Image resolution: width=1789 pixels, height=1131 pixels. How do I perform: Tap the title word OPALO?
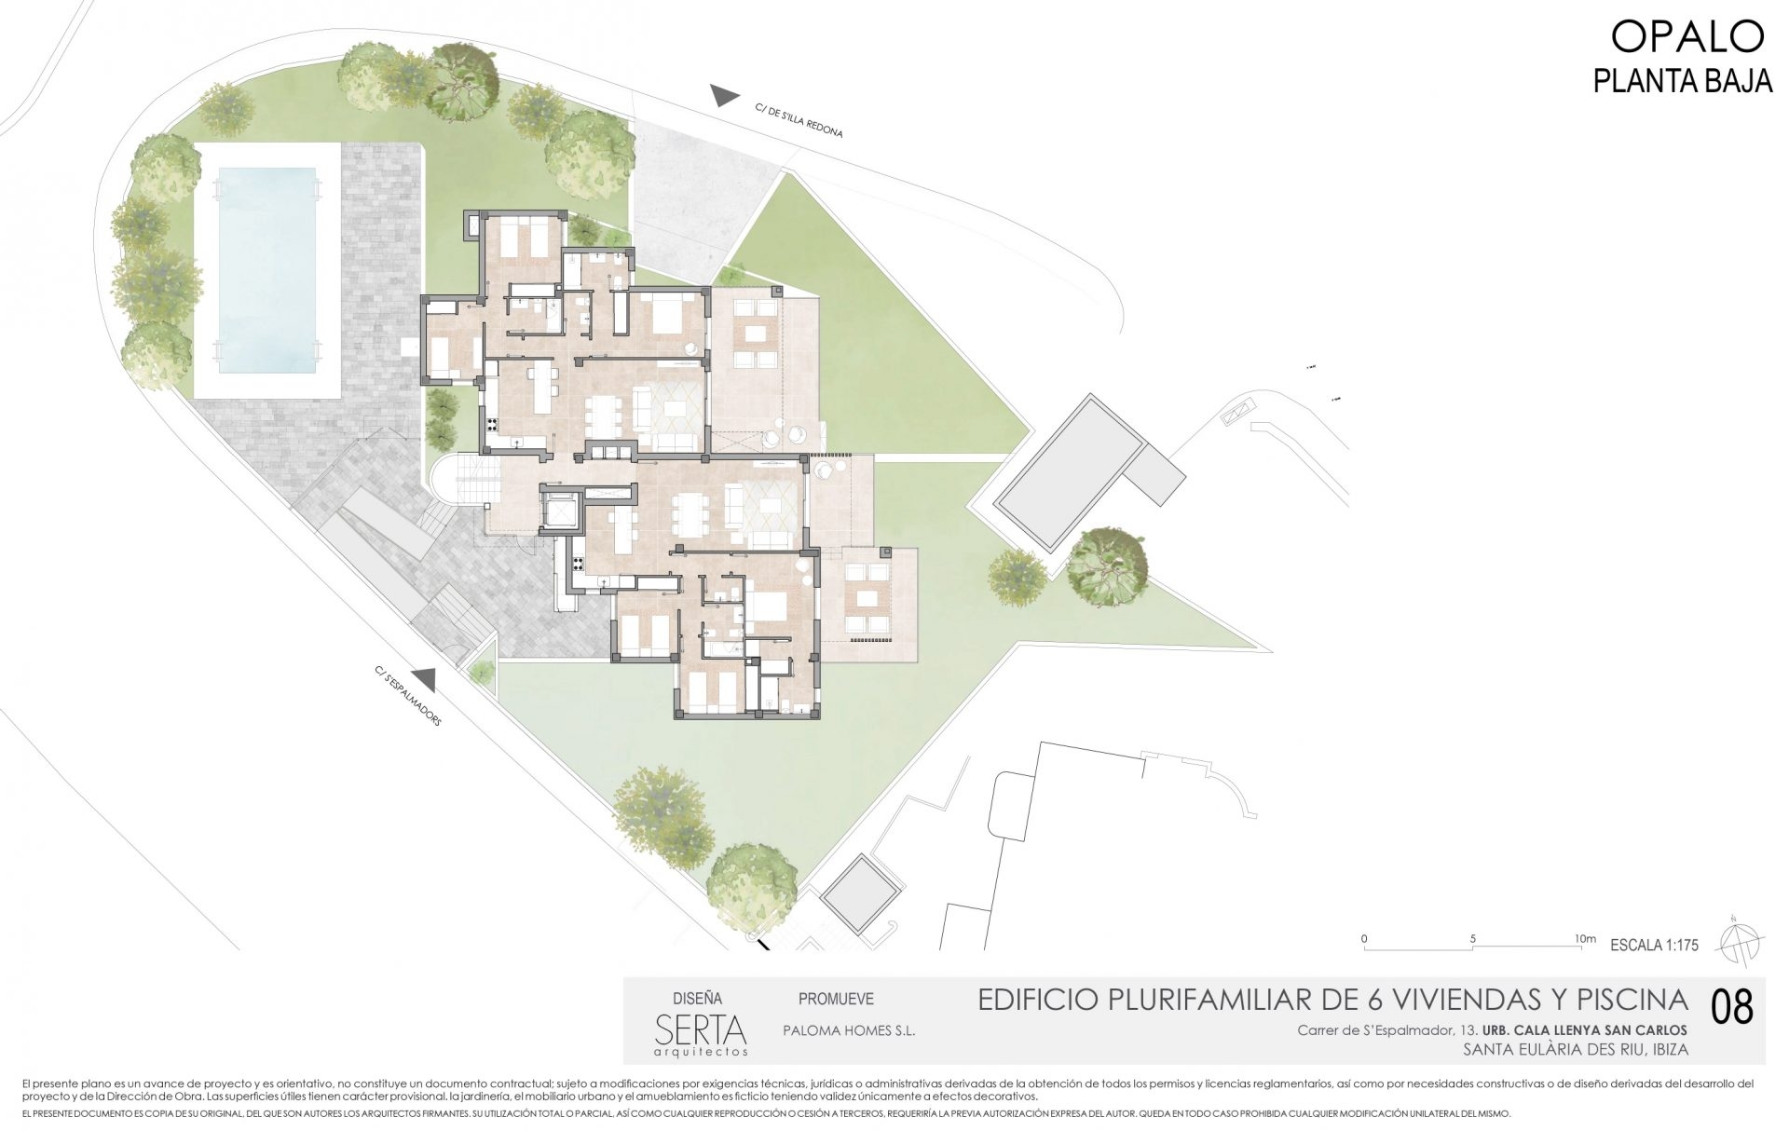pyautogui.click(x=1687, y=37)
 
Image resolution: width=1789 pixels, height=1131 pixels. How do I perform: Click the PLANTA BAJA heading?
pyautogui.click(x=1682, y=81)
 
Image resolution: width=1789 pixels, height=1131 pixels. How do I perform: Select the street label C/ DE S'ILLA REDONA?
pyautogui.click(x=799, y=121)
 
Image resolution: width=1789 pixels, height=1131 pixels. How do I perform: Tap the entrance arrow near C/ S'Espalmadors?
pyautogui.click(x=424, y=678)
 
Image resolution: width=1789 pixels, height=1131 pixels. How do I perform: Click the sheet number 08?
pyautogui.click(x=1732, y=1008)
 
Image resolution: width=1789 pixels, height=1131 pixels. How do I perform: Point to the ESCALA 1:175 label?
pyautogui.click(x=1654, y=945)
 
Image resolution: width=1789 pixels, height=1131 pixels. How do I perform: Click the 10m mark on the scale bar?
pyautogui.click(x=1584, y=939)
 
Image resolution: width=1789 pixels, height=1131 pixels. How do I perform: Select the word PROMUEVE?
pyautogui.click(x=836, y=999)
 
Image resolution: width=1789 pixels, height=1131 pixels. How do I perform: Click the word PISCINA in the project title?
pyautogui.click(x=1634, y=1001)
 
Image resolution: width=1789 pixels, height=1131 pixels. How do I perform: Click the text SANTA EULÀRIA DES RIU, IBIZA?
pyautogui.click(x=1577, y=1049)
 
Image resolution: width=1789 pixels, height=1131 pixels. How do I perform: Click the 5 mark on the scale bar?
pyautogui.click(x=1472, y=939)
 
